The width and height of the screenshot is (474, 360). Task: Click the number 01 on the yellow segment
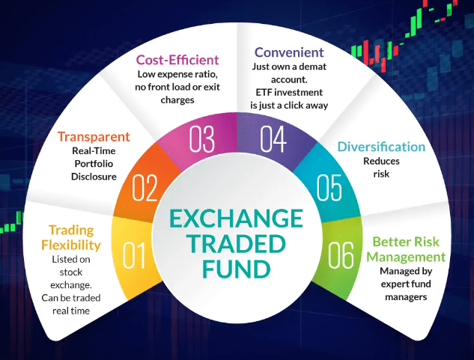point(134,255)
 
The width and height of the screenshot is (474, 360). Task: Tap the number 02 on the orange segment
point(145,188)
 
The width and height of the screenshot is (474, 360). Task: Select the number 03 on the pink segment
point(202,139)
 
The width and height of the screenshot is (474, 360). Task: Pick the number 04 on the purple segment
point(273,139)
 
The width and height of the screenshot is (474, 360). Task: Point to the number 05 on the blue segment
point(329,188)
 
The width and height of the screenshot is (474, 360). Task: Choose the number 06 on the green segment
point(341,255)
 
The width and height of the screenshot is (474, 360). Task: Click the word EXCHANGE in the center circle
point(237,219)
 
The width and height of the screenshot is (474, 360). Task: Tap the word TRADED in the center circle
point(237,244)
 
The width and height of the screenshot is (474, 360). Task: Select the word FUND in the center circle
point(237,269)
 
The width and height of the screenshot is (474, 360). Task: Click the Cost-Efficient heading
point(177,60)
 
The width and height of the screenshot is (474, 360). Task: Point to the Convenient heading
point(289,52)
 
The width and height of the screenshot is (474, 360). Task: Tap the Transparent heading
point(94,137)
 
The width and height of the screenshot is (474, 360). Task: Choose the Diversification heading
point(381,147)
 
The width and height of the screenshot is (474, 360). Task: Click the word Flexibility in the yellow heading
point(71,245)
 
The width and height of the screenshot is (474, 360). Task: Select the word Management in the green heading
point(406,257)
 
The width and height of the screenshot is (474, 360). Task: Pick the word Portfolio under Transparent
point(94,163)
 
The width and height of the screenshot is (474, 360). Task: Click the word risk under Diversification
point(381,174)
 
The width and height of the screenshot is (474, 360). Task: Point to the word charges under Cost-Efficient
point(177,100)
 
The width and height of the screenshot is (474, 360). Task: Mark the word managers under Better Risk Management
point(406,297)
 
